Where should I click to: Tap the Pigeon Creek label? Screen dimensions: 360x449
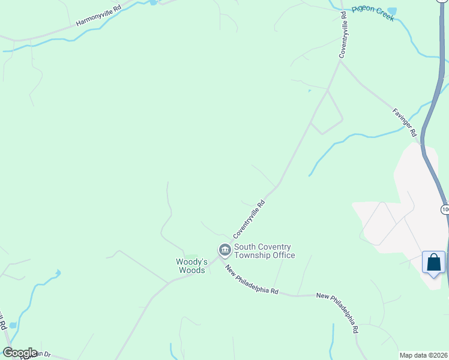[373, 13]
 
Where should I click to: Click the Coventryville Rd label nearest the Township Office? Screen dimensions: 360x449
[249, 218]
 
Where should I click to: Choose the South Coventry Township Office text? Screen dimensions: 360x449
[264, 251]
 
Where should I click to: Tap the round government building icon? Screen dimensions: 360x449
[224, 250]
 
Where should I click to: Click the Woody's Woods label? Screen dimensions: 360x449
[191, 266]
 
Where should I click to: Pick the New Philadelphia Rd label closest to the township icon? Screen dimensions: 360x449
[252, 280]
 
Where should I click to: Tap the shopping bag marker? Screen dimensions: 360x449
[434, 263]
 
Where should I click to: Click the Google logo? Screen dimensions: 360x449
[20, 353]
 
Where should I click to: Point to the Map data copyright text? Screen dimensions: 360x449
[423, 355]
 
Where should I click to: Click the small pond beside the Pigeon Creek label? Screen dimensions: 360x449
[392, 11]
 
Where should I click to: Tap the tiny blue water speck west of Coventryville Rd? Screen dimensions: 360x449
[309, 91]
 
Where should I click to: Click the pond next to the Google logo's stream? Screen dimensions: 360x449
[13, 325]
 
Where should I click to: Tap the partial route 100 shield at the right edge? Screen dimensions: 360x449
[444, 209]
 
